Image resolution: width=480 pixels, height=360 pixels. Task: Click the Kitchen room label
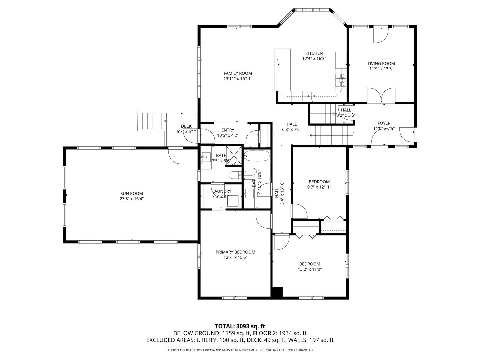314,53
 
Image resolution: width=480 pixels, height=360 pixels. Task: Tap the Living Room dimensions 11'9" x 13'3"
381,69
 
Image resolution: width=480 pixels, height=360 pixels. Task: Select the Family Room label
238,73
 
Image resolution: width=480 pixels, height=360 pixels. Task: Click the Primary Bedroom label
235,252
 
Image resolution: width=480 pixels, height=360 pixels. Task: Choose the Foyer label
384,123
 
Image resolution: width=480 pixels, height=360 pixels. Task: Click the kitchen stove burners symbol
340,80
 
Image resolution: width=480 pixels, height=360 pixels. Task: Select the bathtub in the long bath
256,156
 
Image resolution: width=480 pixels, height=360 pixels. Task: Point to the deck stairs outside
152,118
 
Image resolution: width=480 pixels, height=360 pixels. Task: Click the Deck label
186,126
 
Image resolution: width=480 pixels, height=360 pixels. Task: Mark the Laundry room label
222,191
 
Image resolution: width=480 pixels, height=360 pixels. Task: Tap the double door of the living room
381,95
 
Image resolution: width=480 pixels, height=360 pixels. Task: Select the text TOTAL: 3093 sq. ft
240,326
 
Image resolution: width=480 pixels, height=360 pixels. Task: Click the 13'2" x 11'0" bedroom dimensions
310,269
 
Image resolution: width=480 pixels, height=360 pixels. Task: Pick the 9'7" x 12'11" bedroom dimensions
319,187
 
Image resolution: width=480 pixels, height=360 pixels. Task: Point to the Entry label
228,130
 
